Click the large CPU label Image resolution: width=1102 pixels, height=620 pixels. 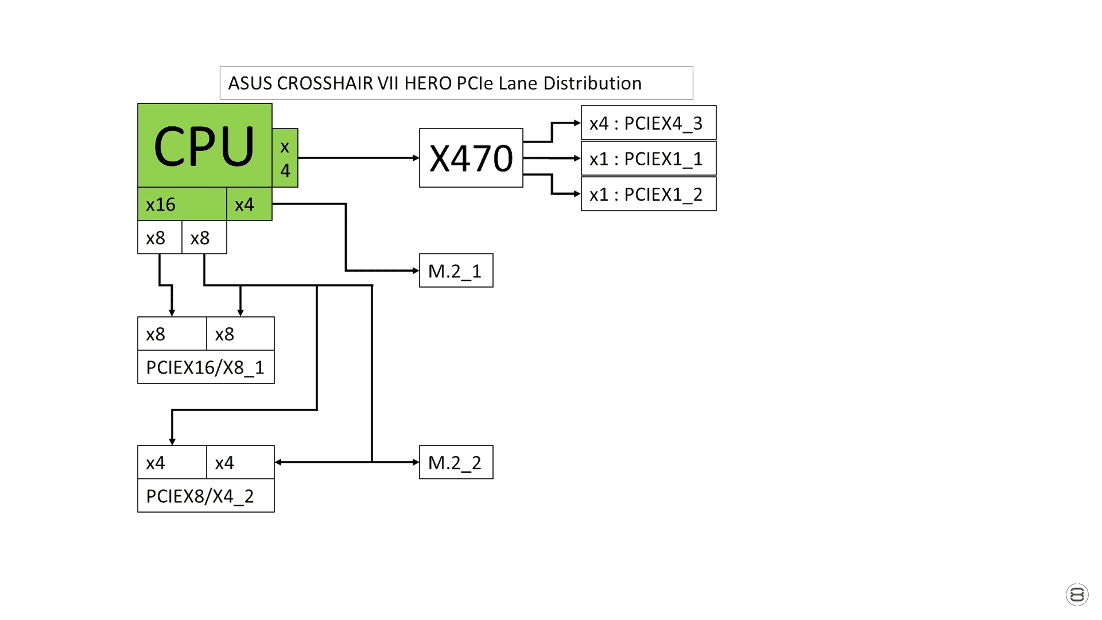click(x=204, y=146)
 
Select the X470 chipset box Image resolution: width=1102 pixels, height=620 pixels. click(x=471, y=158)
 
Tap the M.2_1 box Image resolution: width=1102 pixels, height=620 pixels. click(x=456, y=270)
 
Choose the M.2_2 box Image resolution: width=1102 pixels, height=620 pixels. click(x=456, y=462)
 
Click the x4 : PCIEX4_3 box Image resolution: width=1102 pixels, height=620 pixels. click(x=649, y=123)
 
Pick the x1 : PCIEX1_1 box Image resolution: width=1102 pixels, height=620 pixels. click(x=649, y=158)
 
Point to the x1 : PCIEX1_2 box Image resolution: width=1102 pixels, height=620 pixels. click(x=649, y=194)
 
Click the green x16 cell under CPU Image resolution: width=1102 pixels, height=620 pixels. click(x=183, y=204)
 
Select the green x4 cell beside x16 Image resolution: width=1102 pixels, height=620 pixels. click(x=250, y=204)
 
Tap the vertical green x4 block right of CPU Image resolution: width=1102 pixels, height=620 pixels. click(x=285, y=158)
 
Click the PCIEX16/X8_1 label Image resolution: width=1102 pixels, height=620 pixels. click(x=206, y=367)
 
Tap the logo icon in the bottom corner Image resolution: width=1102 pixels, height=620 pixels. click(x=1077, y=595)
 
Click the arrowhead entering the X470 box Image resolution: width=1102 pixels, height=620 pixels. click(x=416, y=158)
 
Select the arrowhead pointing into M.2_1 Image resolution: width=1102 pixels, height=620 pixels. click(x=416, y=270)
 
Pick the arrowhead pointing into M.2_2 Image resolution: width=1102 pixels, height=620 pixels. click(x=416, y=462)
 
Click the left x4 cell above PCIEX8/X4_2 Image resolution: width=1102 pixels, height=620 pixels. click(x=172, y=462)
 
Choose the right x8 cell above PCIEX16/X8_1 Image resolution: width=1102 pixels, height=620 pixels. click(x=240, y=334)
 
